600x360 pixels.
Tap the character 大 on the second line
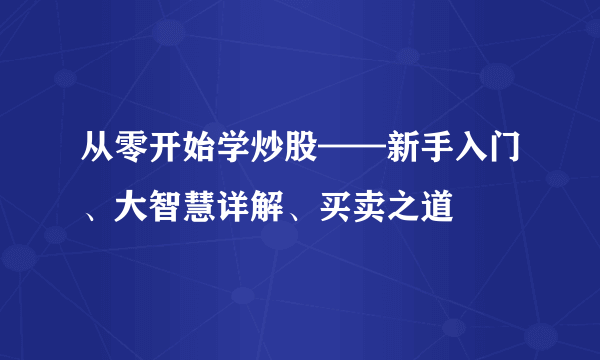131,210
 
